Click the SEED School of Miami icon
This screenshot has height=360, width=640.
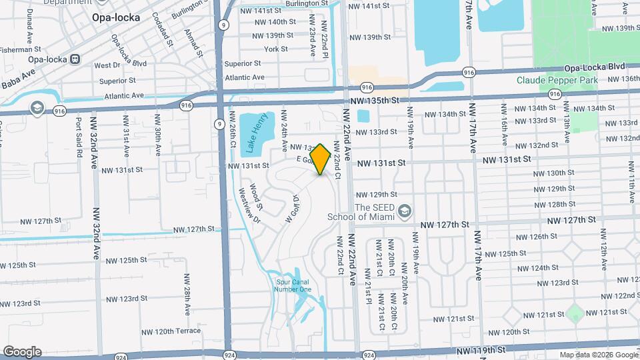tap(404, 212)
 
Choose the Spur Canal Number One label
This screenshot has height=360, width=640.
tap(293, 285)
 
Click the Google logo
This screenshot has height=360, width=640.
tap(22, 352)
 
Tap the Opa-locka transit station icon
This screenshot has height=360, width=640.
tap(75, 58)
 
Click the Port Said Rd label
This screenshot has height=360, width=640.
tap(79, 137)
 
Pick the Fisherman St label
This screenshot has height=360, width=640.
tap(21, 49)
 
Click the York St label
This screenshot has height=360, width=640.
tap(275, 49)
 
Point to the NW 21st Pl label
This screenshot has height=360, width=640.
tap(367, 287)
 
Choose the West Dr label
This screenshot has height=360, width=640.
tap(107, 65)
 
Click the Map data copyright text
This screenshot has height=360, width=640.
tap(598, 354)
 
